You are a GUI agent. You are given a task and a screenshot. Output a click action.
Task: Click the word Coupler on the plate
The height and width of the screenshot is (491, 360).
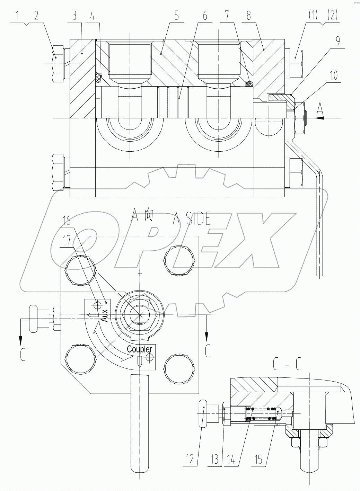(x=139, y=349)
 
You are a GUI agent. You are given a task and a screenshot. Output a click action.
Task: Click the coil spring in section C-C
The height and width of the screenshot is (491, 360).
(x=262, y=414)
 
